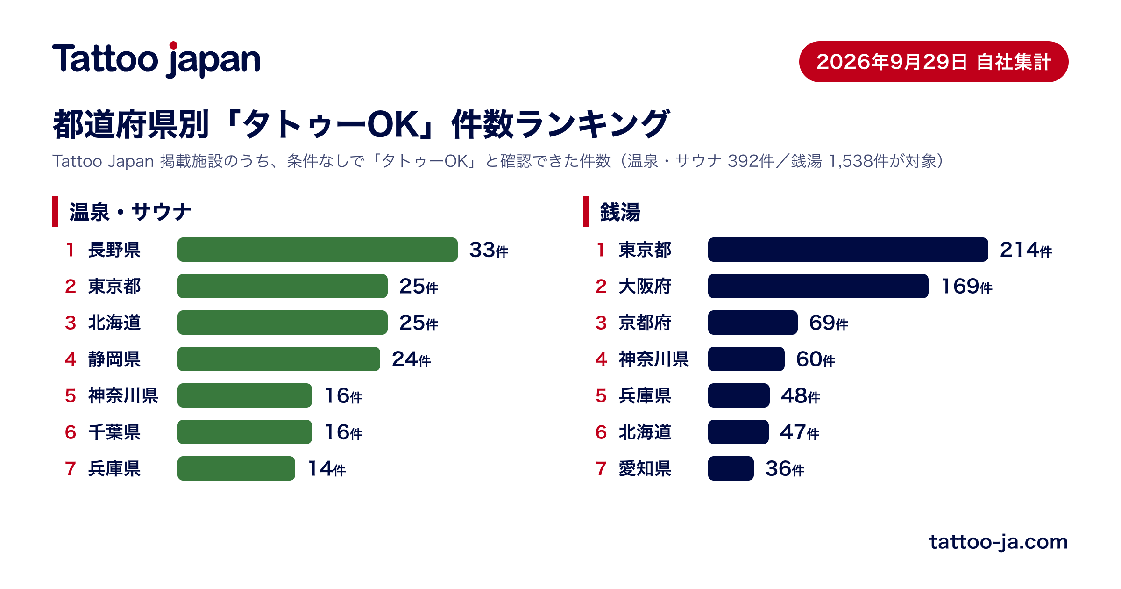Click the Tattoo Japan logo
pos(156,59)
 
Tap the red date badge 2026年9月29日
pos(934,62)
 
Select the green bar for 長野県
pos(318,250)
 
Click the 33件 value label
pos(489,250)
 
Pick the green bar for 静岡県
pos(279,359)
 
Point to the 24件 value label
pos(411,359)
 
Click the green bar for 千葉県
pos(245,432)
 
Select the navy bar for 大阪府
pos(818,286)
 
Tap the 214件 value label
pos(1026,250)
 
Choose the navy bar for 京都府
pos(753,323)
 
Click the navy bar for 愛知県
pos(731,468)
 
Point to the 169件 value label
pos(966,286)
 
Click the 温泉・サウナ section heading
pos(130,212)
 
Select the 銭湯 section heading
pos(620,212)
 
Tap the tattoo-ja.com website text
pos(999,542)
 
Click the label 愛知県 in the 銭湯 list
pos(645,468)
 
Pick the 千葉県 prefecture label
pos(114,432)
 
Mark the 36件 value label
pos(785,468)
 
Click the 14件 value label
pos(326,468)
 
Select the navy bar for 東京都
pos(848,250)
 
